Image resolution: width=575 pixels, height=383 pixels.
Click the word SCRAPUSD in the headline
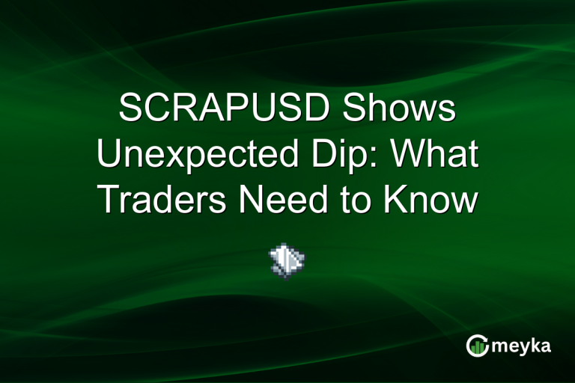(x=223, y=110)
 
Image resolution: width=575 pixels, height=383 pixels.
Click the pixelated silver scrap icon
(x=287, y=260)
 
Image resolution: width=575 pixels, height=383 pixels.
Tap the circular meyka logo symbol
(x=477, y=345)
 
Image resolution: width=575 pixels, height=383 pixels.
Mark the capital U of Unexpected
(x=111, y=156)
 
